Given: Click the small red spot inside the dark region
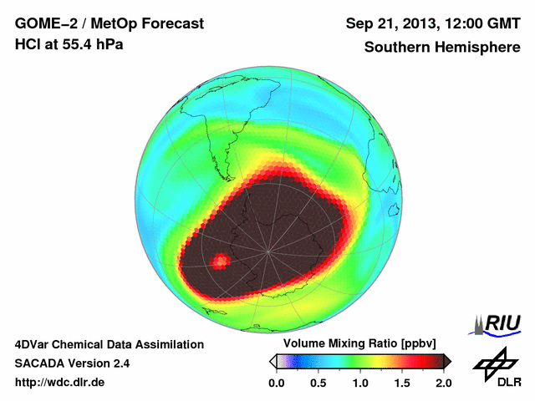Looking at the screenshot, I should pyautogui.click(x=220, y=262).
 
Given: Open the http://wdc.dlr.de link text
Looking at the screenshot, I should pyautogui.click(x=60, y=383).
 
